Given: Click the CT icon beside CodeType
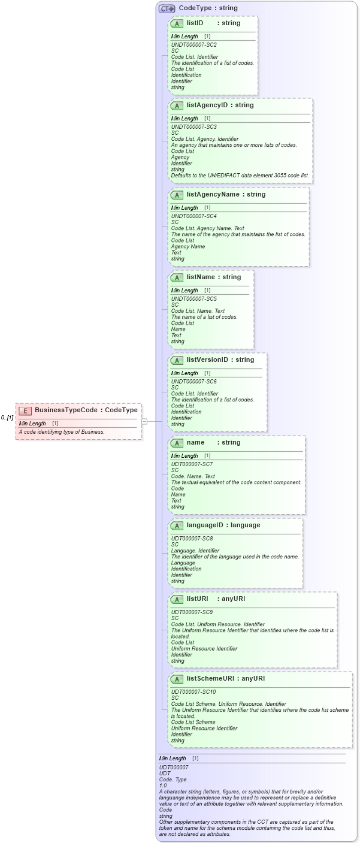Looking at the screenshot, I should click(167, 8).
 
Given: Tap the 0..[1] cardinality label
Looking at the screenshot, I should click(7, 417).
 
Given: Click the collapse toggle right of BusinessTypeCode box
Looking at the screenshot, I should click(144, 421).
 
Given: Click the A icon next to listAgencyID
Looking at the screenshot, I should click(177, 105).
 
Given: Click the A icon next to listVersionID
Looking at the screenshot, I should click(177, 360).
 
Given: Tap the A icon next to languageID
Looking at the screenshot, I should click(177, 525).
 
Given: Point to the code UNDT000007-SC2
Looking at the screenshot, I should click(193, 45).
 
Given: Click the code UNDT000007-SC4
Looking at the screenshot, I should click(193, 216).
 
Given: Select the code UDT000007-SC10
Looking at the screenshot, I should click(193, 692).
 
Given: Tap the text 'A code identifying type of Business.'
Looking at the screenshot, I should click(62, 432).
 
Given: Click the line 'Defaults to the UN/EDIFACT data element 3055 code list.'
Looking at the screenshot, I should click(240, 176).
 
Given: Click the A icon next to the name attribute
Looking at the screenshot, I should click(177, 443).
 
